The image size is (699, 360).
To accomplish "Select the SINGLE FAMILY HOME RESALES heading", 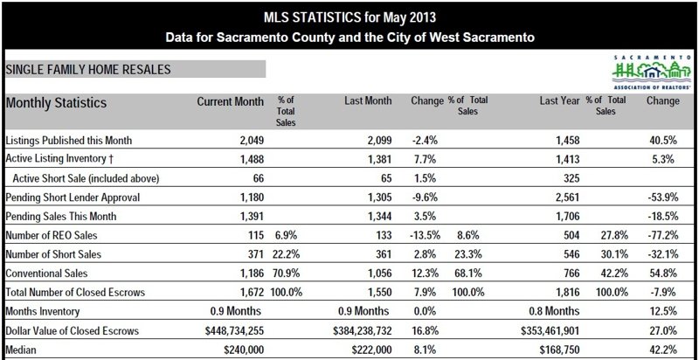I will click(x=88, y=68).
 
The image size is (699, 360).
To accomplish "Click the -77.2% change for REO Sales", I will click(x=662, y=235).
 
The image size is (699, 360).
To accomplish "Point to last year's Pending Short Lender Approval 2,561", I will click(x=564, y=197).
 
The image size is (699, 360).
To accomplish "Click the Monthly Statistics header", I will click(x=57, y=103).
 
